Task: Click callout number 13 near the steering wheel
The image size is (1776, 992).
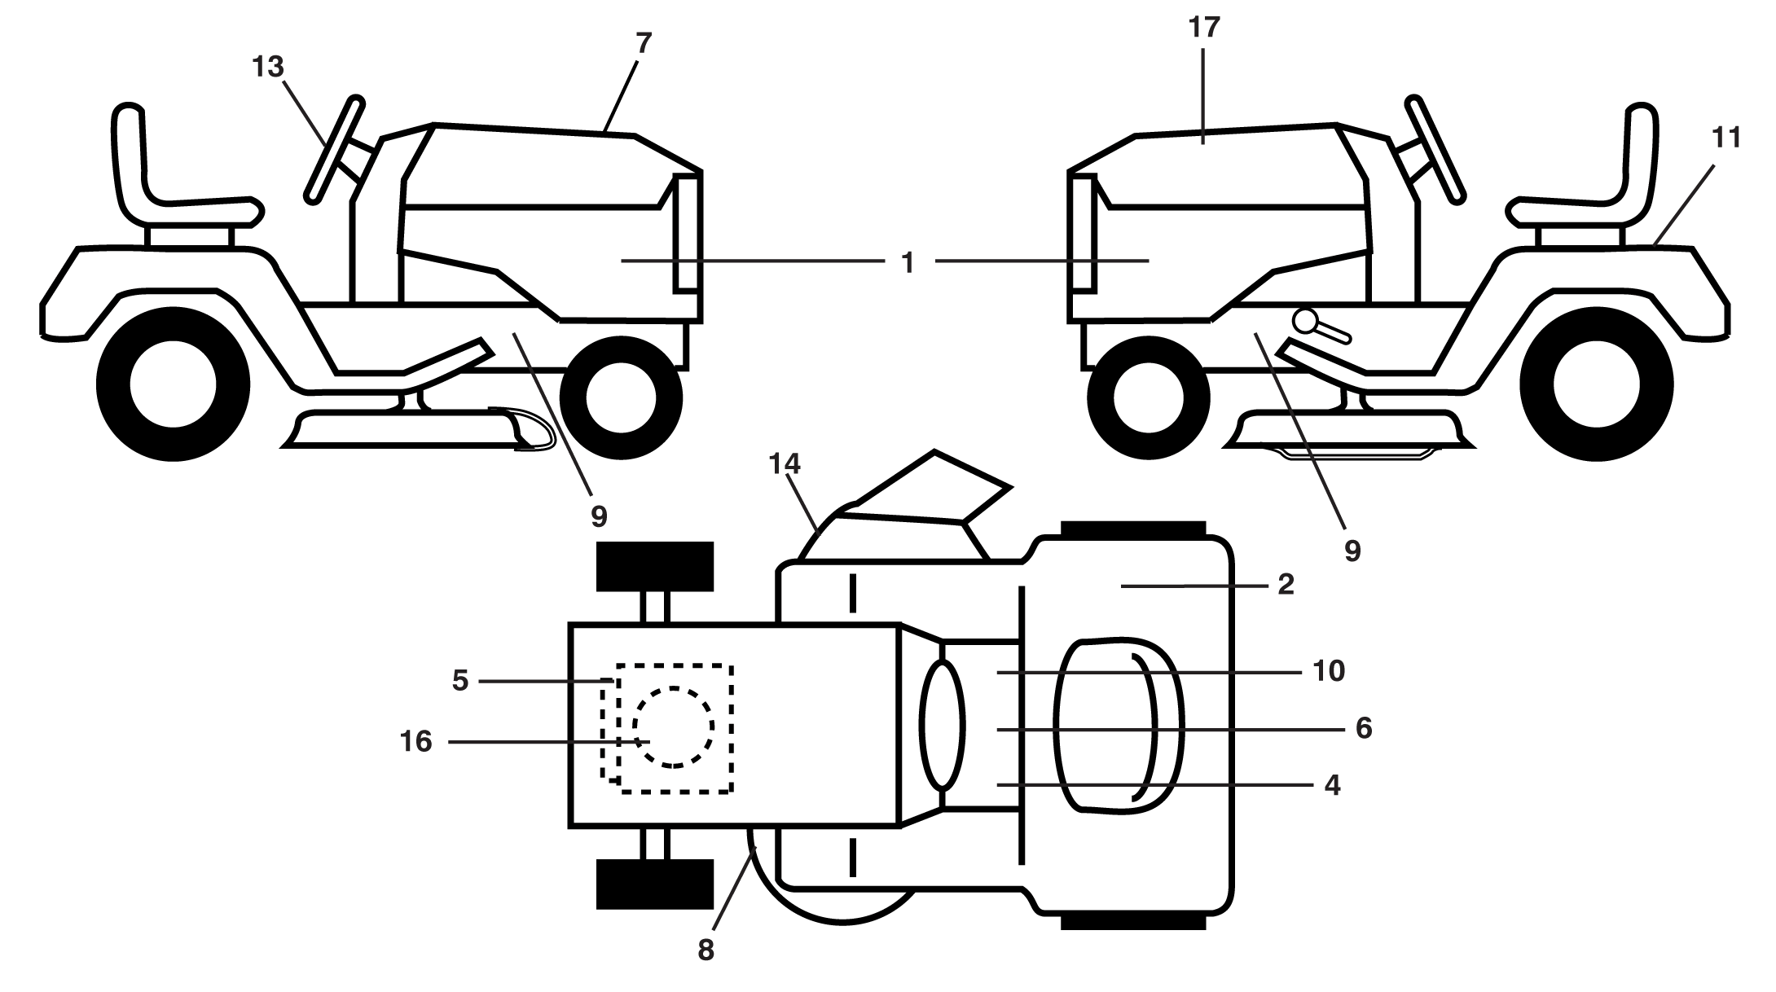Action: click(x=268, y=67)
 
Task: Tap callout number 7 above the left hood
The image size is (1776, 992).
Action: click(x=644, y=43)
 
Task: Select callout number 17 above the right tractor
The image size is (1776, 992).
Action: click(x=1204, y=28)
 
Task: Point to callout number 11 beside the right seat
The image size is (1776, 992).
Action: click(x=1725, y=138)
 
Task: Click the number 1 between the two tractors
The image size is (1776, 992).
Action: click(x=908, y=262)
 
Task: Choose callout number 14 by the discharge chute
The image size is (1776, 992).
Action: click(x=785, y=464)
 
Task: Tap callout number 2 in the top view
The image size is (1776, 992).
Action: click(x=1286, y=584)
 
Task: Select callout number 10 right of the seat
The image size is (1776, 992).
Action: click(x=1328, y=671)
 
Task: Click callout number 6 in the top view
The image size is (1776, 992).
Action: click(x=1364, y=727)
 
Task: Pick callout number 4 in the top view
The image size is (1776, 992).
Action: click(x=1332, y=786)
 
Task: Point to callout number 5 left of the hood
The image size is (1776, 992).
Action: click(x=460, y=680)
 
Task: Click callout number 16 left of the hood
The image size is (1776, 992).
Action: click(x=416, y=742)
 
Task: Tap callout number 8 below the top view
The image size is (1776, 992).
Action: click(x=706, y=950)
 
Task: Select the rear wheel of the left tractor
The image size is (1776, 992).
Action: click(x=173, y=384)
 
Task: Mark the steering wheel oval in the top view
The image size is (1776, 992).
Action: click(x=942, y=724)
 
